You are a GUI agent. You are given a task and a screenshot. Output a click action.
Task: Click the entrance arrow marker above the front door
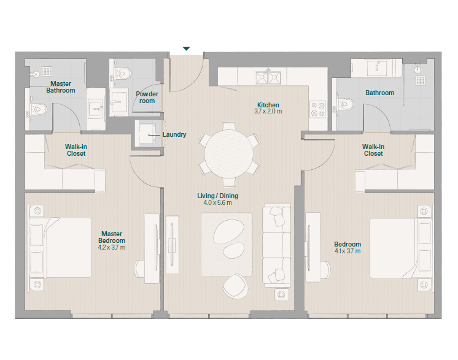186,48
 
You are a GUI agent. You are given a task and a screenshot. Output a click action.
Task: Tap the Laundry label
174,134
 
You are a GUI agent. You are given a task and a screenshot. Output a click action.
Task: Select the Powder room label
147,98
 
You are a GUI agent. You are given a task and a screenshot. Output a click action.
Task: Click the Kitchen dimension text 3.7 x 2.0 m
268,111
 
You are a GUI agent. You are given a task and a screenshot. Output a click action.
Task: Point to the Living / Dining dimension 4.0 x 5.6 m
217,202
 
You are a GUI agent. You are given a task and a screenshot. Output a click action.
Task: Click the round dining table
229,154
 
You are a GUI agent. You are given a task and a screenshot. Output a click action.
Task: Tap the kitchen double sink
268,78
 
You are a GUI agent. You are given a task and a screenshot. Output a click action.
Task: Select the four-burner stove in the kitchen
318,109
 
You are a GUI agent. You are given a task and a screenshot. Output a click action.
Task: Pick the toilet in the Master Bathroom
37,109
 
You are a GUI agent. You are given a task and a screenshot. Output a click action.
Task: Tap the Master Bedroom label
112,237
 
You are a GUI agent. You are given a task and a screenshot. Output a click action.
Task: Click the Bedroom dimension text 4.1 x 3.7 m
347,251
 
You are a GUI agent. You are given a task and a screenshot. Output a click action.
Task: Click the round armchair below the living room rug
235,286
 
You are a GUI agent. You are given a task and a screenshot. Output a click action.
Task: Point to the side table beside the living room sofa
282,294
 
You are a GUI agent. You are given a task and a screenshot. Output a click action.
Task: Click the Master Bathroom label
61,87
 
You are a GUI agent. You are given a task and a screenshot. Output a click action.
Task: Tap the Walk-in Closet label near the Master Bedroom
76,150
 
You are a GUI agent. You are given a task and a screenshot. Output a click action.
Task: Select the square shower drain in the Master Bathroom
47,71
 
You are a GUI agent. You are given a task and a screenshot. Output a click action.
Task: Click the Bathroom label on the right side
379,93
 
